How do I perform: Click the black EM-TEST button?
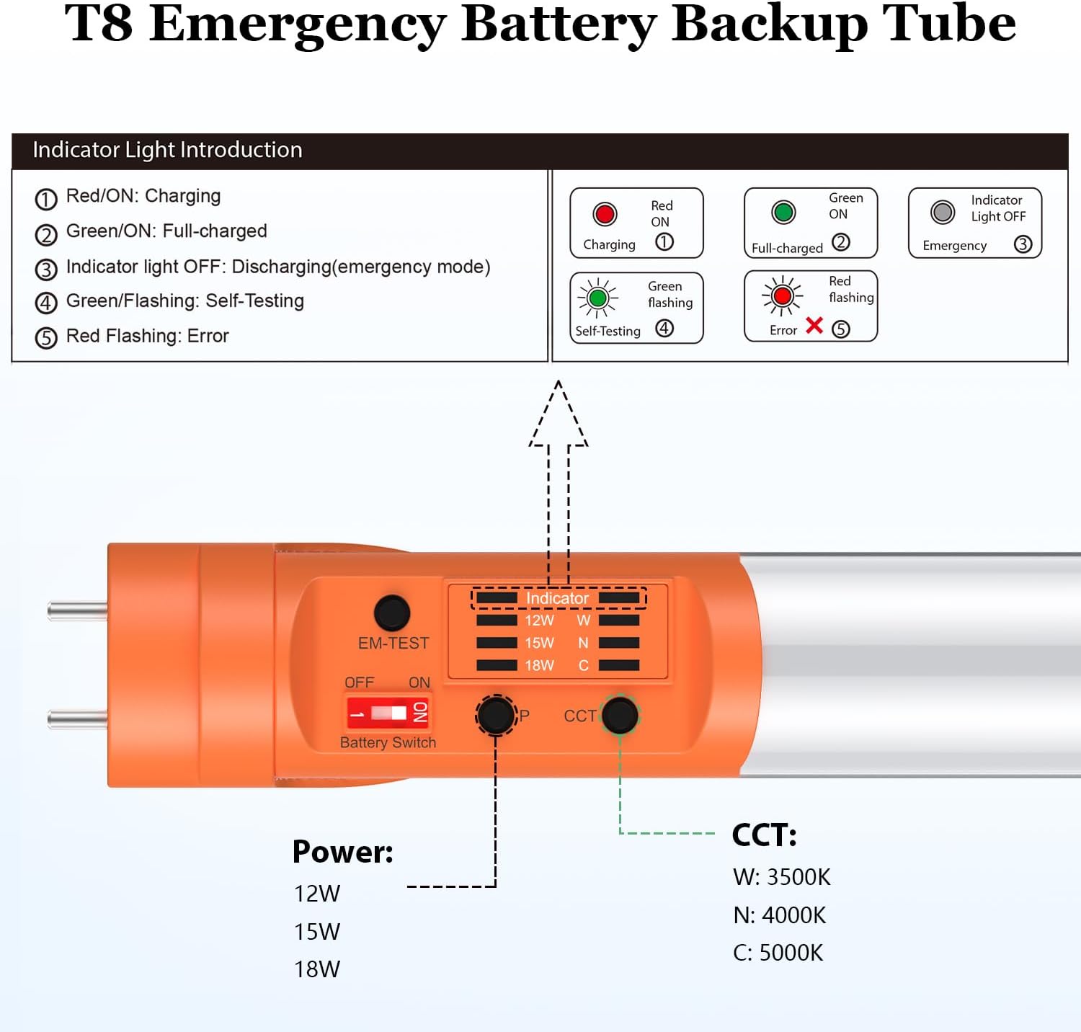[392, 613]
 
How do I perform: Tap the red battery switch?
[388, 713]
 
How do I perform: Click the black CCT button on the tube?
[620, 715]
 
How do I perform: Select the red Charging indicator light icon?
[605, 214]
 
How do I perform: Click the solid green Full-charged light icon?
[783, 212]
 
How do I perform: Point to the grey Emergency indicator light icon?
[943, 212]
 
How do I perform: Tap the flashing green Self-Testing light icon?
[597, 298]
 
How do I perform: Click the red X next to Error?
[814, 326]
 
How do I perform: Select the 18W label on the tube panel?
[539, 665]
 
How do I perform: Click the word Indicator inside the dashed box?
[557, 598]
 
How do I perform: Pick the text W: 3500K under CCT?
[782, 877]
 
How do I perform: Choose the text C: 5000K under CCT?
[778, 953]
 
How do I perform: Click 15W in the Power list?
[317, 932]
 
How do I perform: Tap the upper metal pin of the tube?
[78, 611]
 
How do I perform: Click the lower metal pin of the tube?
[78, 719]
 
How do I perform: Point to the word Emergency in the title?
[298, 25]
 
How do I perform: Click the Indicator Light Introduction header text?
[167, 150]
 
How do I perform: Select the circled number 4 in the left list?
[46, 303]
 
